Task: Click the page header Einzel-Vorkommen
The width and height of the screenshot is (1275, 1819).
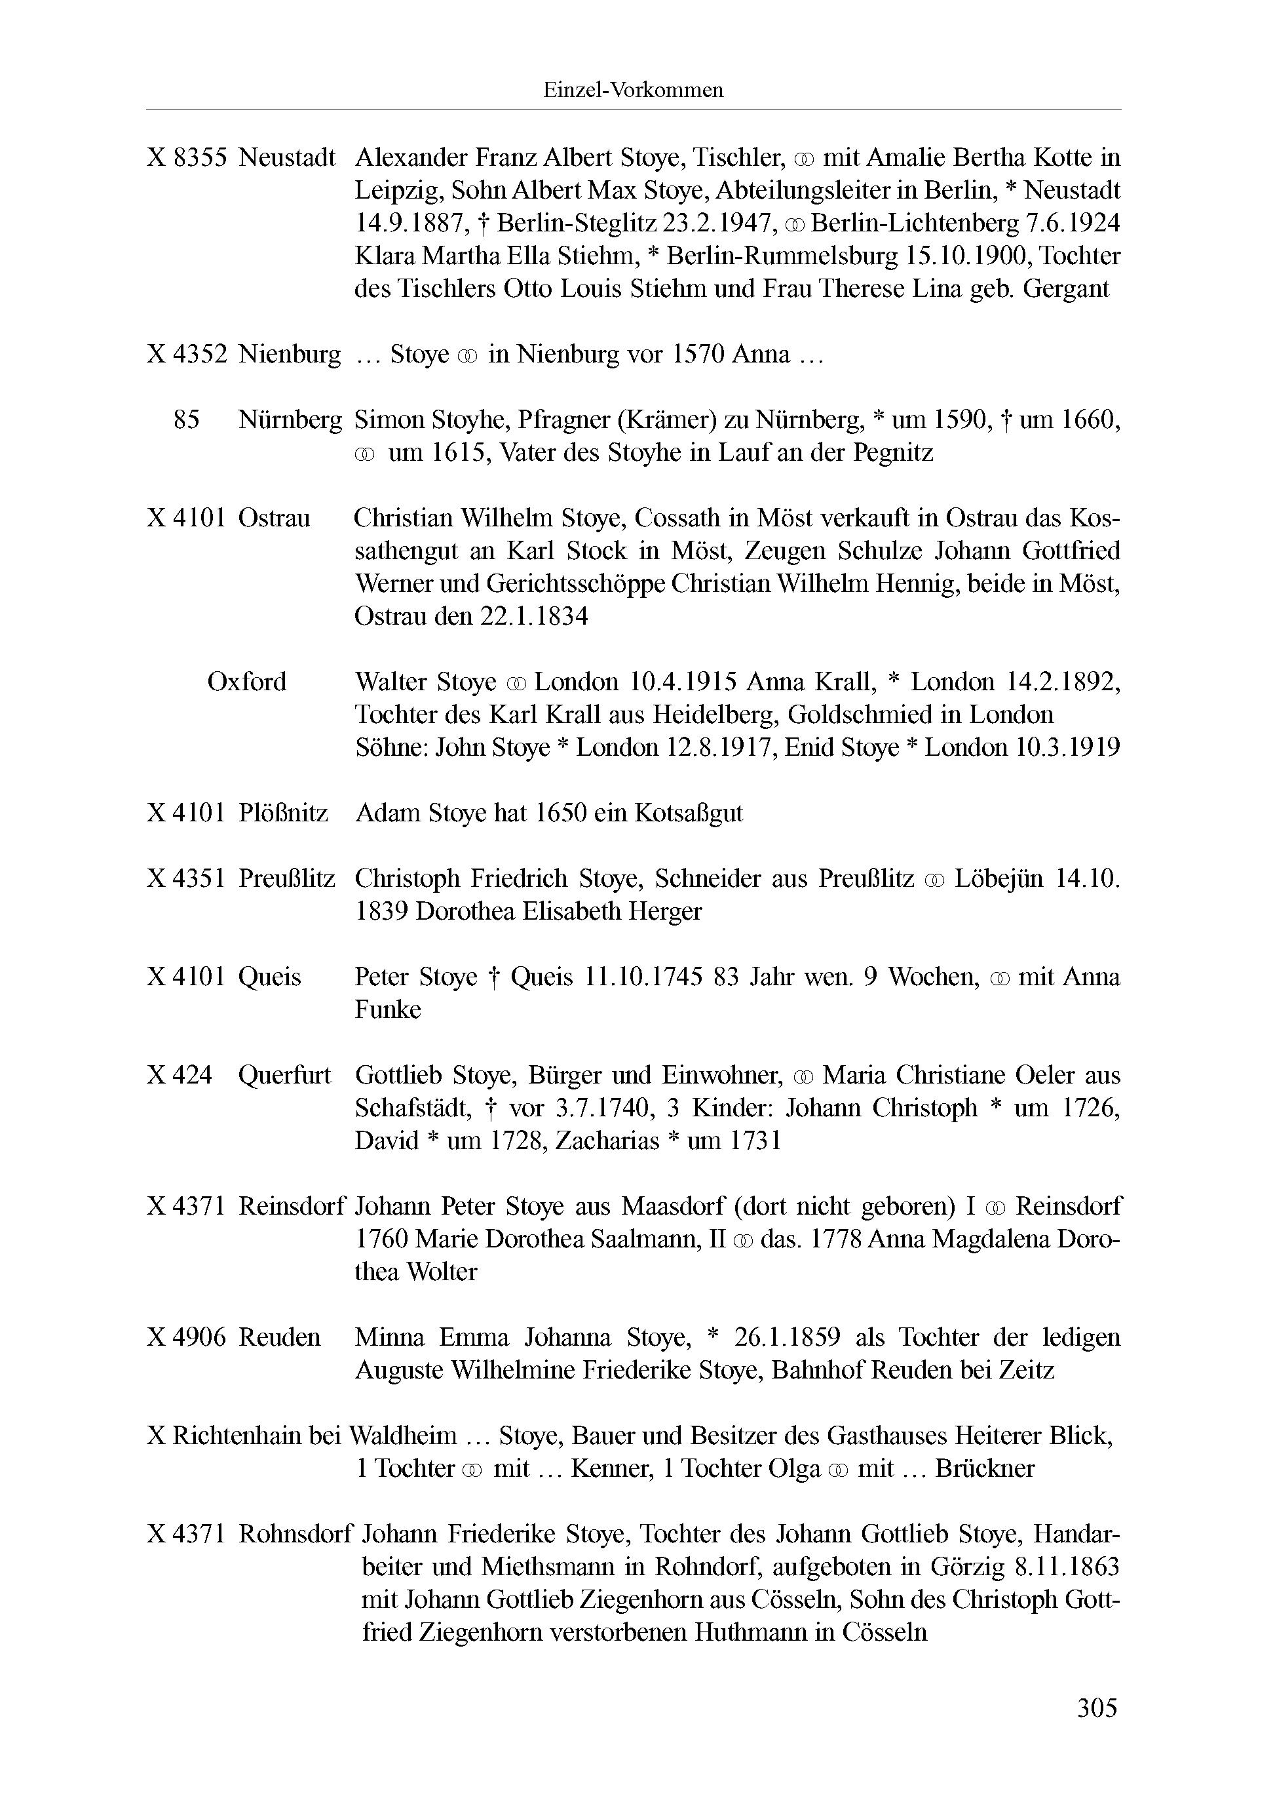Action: coord(633,90)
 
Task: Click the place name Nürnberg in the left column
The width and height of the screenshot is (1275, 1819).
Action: coord(290,420)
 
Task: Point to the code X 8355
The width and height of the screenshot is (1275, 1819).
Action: coord(187,158)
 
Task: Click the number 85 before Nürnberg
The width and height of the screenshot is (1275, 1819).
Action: coord(186,420)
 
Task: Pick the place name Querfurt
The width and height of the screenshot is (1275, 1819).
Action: coord(284,1075)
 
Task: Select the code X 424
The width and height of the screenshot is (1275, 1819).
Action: coord(180,1075)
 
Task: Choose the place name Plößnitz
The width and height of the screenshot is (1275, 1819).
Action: coord(283,813)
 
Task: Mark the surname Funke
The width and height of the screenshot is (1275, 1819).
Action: coord(387,1009)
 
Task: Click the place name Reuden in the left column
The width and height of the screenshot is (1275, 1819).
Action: coord(280,1337)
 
